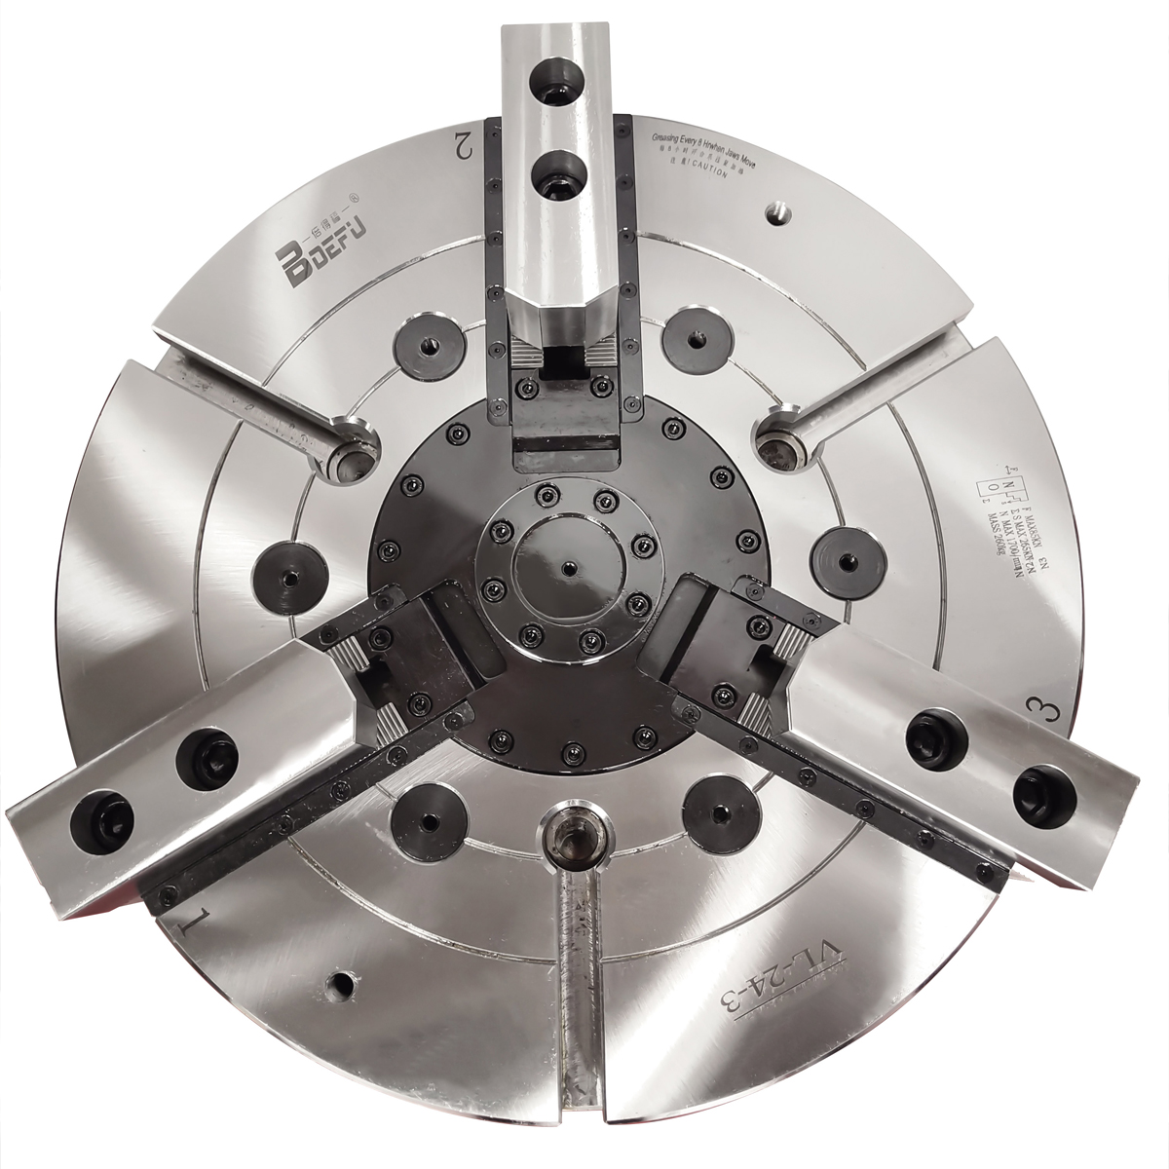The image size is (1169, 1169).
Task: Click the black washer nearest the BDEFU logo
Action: click(426, 344)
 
